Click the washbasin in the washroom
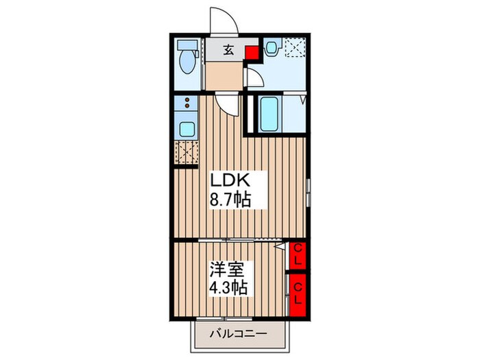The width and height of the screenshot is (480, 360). click(x=272, y=48)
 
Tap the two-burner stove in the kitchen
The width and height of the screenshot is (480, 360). click(x=185, y=104)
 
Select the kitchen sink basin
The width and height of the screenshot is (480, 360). click(x=186, y=128)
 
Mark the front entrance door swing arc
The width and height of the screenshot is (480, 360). click(x=223, y=21)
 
